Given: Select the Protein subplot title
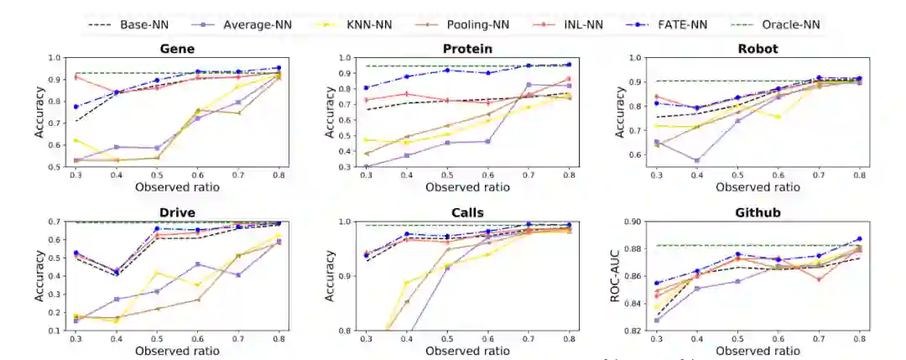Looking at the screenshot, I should tap(466, 49).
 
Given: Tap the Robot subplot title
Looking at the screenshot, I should tap(758, 49).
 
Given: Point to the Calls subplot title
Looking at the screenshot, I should tap(466, 213).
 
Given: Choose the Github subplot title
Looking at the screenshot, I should tap(758, 213).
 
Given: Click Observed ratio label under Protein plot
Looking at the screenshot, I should tap(466, 187).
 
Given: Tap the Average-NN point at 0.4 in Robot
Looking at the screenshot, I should tap(695, 160).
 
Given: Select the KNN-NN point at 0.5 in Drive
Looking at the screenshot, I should tap(156, 272).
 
